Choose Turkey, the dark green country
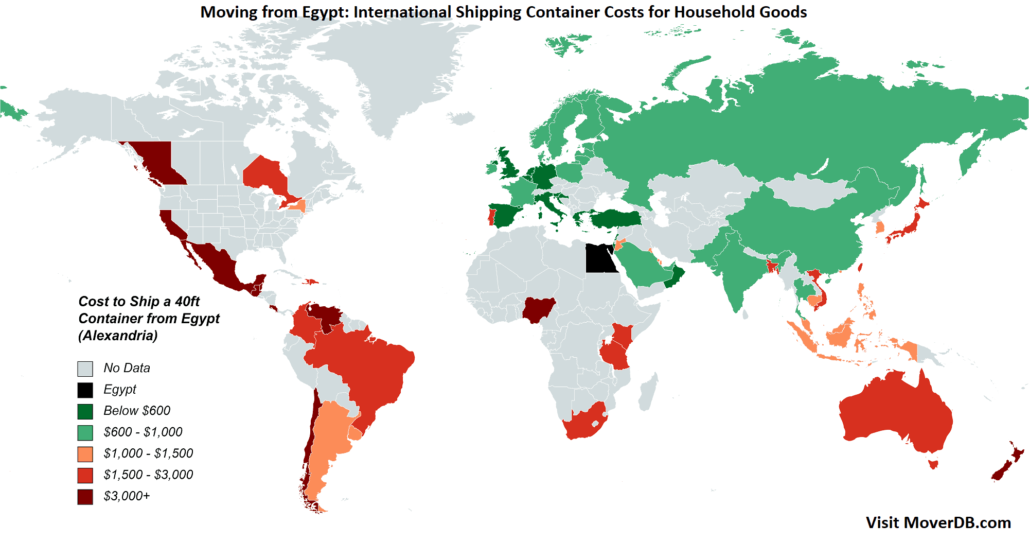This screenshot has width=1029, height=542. pos(615,218)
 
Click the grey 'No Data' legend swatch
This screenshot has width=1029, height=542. pos(85,369)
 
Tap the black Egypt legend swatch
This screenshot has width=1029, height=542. pos(85,390)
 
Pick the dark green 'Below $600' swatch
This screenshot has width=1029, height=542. pos(85,411)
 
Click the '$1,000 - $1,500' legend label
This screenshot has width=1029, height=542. pos(148,453)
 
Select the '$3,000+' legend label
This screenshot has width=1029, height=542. pos(127,496)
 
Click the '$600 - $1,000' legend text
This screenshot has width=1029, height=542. pos(143,432)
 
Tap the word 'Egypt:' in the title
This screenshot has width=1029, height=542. pos(325,12)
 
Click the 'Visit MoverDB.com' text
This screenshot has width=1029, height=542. pos(938,523)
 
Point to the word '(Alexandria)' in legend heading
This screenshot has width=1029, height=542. pos(118,336)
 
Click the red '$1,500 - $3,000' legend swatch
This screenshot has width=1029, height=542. pos(85,475)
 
